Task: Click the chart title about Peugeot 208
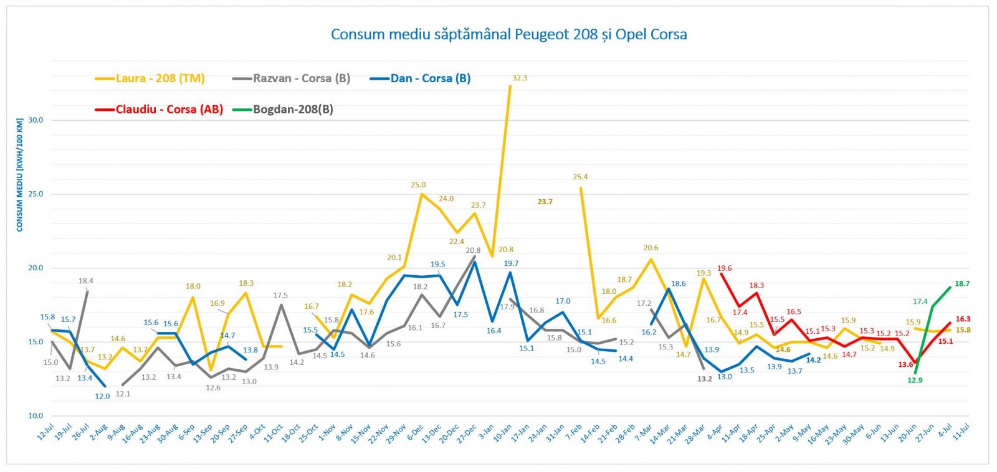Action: [x=508, y=34]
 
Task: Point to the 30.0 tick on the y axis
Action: [x=36, y=120]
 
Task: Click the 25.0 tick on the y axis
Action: [x=36, y=194]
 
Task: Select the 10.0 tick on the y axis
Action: [x=36, y=416]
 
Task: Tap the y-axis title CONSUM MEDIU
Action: [x=20, y=175]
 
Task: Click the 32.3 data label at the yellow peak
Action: [x=520, y=78]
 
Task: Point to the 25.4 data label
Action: [x=580, y=177]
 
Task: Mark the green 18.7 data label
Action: [x=962, y=284]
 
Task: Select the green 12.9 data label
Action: [x=915, y=380]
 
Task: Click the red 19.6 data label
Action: [x=724, y=269]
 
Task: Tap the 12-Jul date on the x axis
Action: [x=45, y=433]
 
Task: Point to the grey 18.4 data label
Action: [x=86, y=281]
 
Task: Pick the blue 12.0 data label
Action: [x=102, y=397]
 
